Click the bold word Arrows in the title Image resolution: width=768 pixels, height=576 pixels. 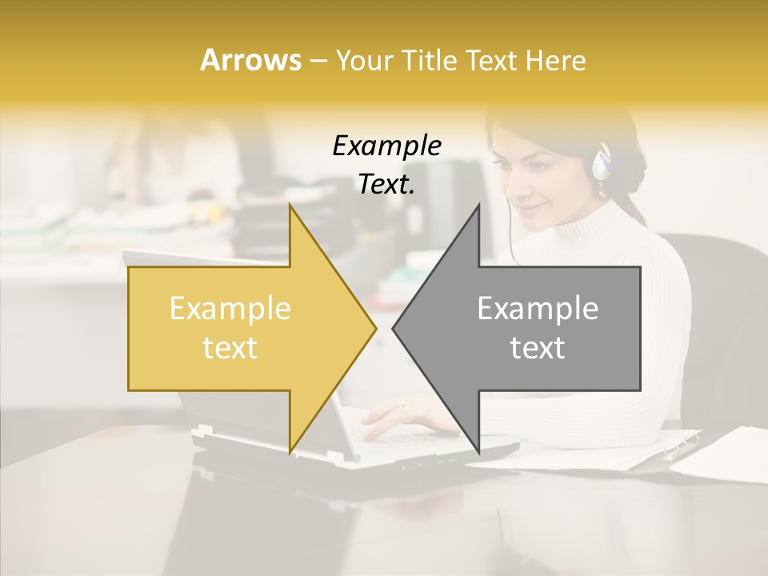(250, 60)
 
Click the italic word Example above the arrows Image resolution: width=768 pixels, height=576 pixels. (386, 146)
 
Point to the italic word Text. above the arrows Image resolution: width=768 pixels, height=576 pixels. (386, 184)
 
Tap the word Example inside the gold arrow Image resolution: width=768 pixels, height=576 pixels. (230, 309)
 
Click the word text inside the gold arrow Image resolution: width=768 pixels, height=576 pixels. (230, 348)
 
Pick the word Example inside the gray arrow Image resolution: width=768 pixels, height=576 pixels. (538, 309)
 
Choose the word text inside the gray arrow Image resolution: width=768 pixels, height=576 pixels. (538, 348)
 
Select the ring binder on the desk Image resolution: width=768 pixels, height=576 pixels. (680, 446)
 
